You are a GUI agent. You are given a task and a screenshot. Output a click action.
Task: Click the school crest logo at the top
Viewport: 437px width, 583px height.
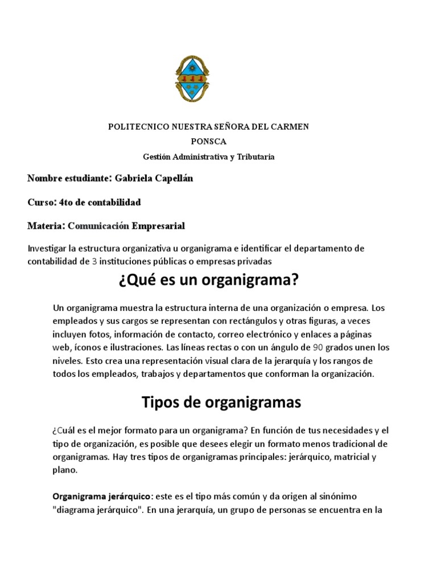click(x=195, y=79)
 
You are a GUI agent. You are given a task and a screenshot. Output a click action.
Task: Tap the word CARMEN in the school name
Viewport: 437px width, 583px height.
click(x=291, y=126)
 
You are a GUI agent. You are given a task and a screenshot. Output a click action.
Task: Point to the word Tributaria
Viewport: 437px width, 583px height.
click(x=254, y=157)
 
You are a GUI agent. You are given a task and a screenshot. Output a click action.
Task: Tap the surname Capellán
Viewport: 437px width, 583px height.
click(x=176, y=178)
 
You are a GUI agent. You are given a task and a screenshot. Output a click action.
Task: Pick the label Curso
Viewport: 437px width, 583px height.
click(x=40, y=202)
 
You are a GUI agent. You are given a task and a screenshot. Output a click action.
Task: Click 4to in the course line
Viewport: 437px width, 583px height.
click(x=67, y=202)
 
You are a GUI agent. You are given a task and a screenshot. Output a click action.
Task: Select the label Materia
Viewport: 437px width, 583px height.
click(x=45, y=226)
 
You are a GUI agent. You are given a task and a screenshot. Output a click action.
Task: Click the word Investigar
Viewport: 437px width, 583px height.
click(x=46, y=249)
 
